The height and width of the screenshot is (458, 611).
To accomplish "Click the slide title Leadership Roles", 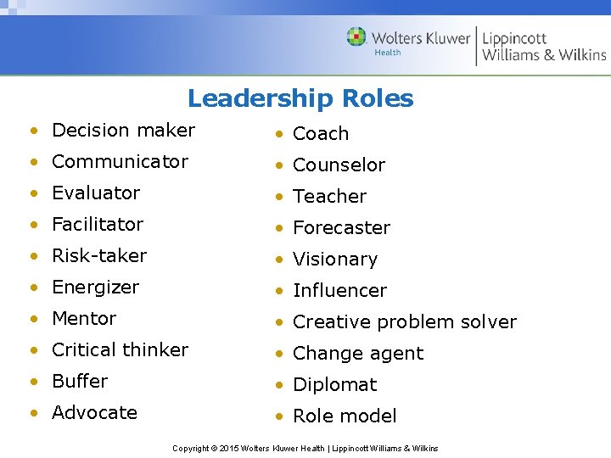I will coord(300,98).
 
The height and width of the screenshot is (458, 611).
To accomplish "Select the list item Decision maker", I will coord(123,130).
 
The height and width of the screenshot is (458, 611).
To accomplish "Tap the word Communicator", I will coord(120,161).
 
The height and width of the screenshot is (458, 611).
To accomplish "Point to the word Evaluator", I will coord(96,193).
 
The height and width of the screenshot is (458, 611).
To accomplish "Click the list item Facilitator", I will coord(98,224).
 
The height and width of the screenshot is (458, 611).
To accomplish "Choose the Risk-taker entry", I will coord(99,255).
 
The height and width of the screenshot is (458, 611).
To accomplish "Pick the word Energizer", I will coord(95,287).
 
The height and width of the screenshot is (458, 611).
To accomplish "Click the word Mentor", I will coord(84,318).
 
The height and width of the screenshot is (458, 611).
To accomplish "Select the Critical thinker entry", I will coord(120,349).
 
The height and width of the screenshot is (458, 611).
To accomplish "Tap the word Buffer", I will coord(80,381).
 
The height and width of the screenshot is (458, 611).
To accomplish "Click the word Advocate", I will coord(94,412).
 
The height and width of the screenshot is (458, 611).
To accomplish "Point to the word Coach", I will coord(321,133).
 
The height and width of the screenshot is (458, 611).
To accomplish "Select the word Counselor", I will coord(339,165).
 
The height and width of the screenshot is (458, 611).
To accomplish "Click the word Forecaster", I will coord(341,227).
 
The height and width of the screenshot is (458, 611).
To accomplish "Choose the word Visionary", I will coord(334,259).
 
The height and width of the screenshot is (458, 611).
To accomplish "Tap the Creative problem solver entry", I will coord(404,321).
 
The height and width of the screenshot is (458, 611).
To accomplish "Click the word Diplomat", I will coord(334,384).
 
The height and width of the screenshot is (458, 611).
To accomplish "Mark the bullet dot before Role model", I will coord(277,416).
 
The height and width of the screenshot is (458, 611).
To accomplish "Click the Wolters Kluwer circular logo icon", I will coord(356,36).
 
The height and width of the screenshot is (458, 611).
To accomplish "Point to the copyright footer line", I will coord(305,448).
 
